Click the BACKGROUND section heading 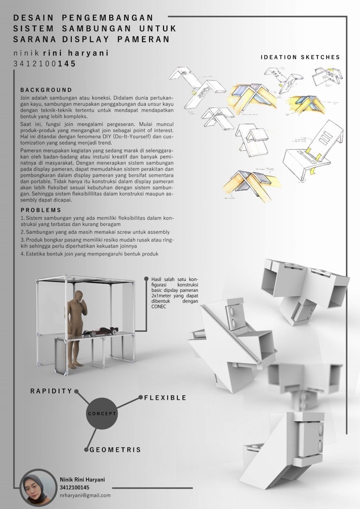click(46, 90)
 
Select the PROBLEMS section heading click(41, 210)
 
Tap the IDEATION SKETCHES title click(300, 57)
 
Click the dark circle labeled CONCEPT click(102, 413)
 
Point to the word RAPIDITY click(51, 391)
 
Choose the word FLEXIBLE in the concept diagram click(166, 398)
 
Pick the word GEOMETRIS click(115, 450)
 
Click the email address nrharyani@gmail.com click(85, 496)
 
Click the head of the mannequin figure click(79, 296)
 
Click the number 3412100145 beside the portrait click(74, 488)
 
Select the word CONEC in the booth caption click(159, 307)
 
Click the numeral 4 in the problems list click(22, 254)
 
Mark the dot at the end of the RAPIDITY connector click(77, 391)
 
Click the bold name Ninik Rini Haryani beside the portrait click(82, 480)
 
